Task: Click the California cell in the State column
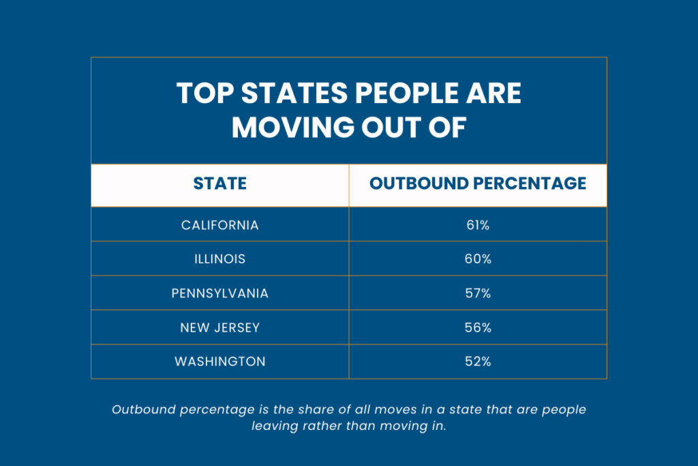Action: (219, 224)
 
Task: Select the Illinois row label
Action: (219, 259)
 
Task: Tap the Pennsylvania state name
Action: (219, 293)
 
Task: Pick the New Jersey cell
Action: (219, 327)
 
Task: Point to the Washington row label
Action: (219, 362)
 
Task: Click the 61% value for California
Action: (477, 224)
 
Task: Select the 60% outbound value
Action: (477, 259)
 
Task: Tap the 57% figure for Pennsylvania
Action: (477, 293)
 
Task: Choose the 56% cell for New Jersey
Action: (477, 327)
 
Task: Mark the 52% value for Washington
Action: (477, 362)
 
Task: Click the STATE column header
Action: (219, 184)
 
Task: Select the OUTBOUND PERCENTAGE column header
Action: (477, 184)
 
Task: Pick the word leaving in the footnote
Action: (277, 425)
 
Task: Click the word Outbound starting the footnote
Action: (142, 409)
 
